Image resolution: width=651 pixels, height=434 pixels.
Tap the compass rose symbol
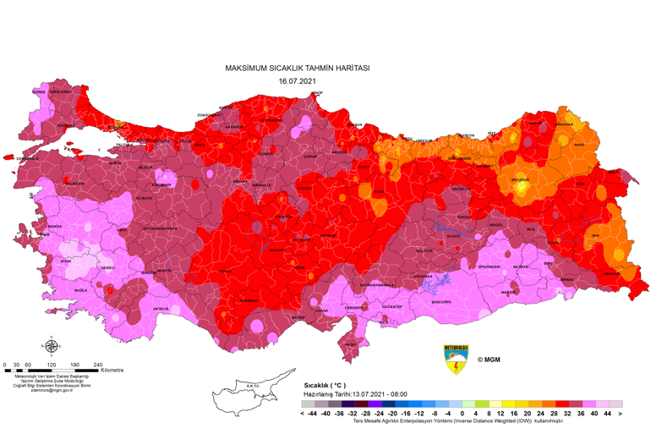click(52, 345)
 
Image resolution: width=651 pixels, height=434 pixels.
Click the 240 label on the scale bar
click(98, 365)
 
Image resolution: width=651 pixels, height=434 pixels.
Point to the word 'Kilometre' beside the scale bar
click(112, 370)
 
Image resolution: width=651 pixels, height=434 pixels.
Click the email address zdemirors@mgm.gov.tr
click(52, 390)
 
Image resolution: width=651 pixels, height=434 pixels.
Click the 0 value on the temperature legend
click(462, 415)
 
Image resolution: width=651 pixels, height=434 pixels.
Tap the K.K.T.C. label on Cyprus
click(252, 387)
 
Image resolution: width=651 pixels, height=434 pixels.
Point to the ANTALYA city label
click(161, 309)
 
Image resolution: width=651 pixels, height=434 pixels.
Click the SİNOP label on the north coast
click(316, 94)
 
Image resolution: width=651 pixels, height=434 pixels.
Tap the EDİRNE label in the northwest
click(38, 91)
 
